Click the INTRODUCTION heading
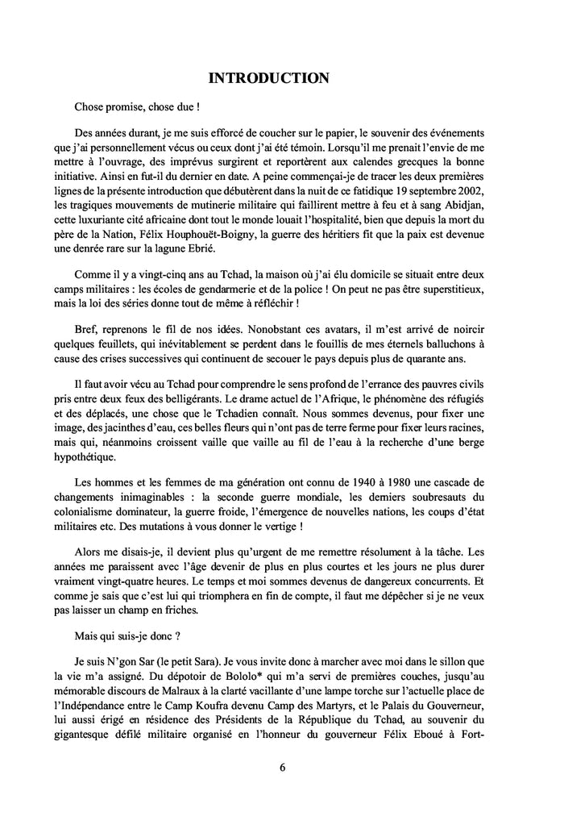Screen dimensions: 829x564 (268, 78)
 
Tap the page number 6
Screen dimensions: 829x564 (283, 767)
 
